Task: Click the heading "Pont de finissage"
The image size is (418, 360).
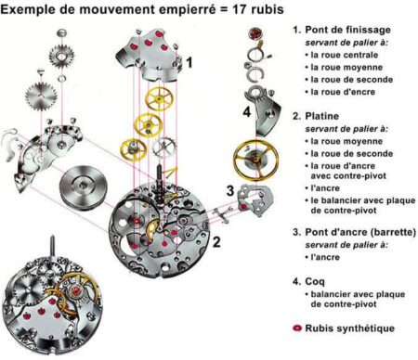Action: pyautogui.click(x=347, y=30)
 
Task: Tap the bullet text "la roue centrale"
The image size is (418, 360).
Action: pyautogui.click(x=345, y=55)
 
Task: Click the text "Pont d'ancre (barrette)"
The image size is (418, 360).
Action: pyautogui.click(x=360, y=232)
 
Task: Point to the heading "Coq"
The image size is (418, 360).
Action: pyautogui.click(x=315, y=282)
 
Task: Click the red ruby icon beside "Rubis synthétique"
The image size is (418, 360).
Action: pyautogui.click(x=297, y=328)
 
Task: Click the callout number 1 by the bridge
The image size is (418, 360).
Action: pyautogui.click(x=189, y=62)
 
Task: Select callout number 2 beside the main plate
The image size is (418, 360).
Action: pyautogui.click(x=216, y=241)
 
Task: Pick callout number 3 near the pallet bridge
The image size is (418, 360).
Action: pyautogui.click(x=230, y=190)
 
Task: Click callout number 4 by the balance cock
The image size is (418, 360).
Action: pyautogui.click(x=246, y=112)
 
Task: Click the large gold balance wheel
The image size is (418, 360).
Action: pyautogui.click(x=255, y=160)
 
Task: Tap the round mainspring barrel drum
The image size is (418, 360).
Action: pyautogui.click(x=84, y=186)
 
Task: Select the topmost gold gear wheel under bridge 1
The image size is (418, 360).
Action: pyautogui.click(x=159, y=99)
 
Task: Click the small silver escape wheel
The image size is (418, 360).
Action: pyautogui.click(x=164, y=147)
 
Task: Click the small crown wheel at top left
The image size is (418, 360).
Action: pyautogui.click(x=61, y=56)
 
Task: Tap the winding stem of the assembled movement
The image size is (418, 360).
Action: pyautogui.click(x=53, y=245)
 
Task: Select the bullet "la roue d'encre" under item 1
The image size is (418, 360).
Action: pyautogui.click(x=343, y=92)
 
